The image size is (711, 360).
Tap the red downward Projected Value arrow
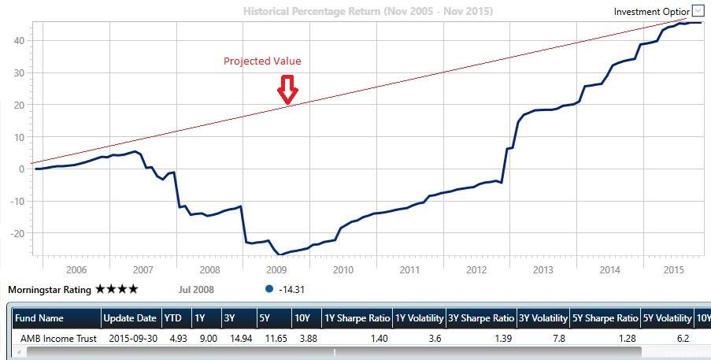[x=287, y=90]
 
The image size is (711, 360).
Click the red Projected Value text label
[x=262, y=61]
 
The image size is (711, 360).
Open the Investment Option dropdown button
[x=698, y=11]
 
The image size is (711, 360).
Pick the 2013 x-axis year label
[x=543, y=269]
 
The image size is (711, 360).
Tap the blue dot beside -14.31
[x=269, y=289]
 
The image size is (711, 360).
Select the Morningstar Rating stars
[x=117, y=289]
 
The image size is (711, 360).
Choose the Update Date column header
[x=130, y=318]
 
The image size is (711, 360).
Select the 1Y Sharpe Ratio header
[x=357, y=318]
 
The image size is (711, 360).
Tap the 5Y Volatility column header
[x=668, y=318]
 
